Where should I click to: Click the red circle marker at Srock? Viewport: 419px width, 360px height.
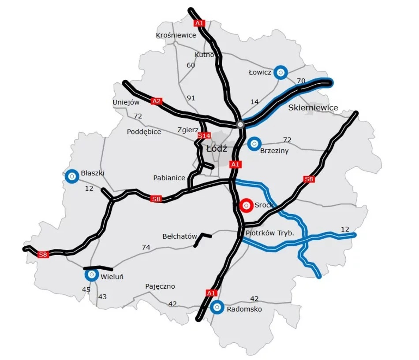pos(246,205)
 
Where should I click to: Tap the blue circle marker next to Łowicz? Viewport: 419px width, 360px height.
pos(280,72)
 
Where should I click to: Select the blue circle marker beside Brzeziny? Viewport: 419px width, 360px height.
pos(254,144)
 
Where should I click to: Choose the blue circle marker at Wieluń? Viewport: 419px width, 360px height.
pos(91,275)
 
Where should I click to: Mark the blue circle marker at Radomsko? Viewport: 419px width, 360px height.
pos(217,308)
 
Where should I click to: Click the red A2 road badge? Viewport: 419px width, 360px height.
pos(156,101)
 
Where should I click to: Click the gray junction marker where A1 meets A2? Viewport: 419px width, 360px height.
pos(240,125)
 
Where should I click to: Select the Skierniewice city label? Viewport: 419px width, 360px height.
pos(313,108)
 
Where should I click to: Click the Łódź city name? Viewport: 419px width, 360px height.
pos(217,148)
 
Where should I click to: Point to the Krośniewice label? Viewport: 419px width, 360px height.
pos(176,35)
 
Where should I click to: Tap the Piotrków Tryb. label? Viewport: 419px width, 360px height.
pos(269,233)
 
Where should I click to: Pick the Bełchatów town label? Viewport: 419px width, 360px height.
pos(180,237)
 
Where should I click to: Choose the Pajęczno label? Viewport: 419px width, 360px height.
pos(160,286)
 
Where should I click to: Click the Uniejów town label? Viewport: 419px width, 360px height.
pos(126,102)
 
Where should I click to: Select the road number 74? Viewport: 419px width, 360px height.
pos(146,248)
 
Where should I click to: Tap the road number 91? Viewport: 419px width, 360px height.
pos(191,98)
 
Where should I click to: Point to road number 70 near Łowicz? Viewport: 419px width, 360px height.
pos(301,81)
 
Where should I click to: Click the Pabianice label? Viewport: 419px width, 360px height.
pos(169,178)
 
